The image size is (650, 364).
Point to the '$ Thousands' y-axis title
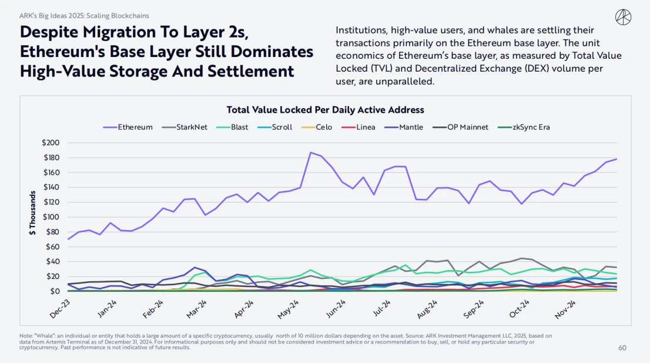pos(33,212)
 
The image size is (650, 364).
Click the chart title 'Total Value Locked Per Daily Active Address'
pos(325,110)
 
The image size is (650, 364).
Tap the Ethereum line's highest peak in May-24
pos(310,153)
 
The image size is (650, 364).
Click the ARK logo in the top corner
pos(624,17)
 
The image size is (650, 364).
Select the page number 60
pos(622,348)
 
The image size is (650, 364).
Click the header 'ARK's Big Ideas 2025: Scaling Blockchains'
pos(85,16)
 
